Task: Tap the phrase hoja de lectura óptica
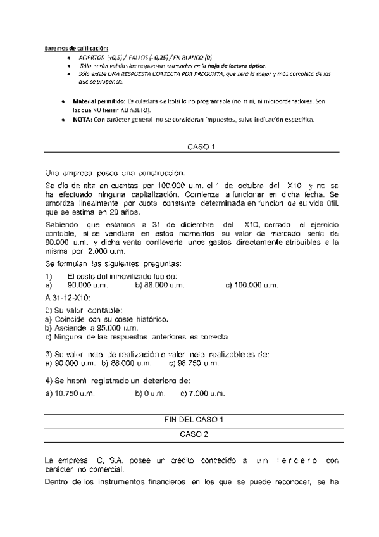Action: coord(235,66)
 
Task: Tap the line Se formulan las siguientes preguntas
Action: coord(113,263)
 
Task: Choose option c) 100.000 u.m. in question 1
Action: coord(252,286)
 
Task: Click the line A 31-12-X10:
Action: coord(68,297)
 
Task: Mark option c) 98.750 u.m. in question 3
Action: coord(195,363)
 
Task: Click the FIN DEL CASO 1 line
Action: coord(194,420)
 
